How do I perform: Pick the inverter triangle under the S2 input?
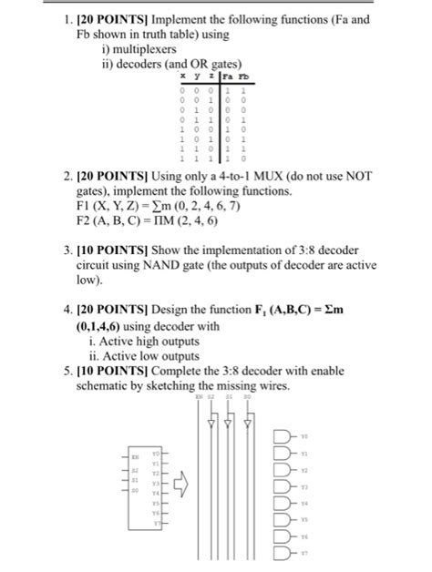(x=210, y=424)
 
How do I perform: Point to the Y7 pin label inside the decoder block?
(x=157, y=522)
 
